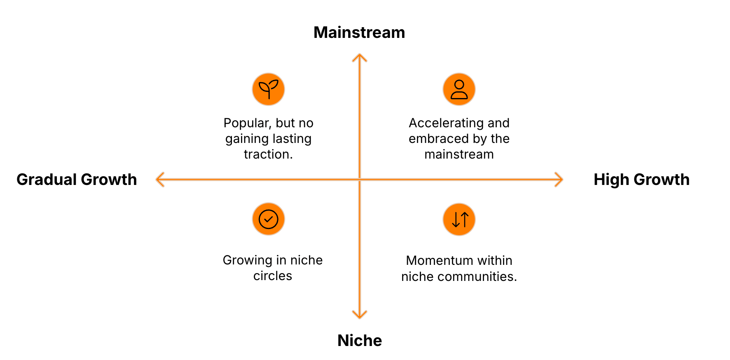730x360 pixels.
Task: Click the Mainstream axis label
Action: pos(359,33)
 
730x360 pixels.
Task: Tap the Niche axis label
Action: pos(360,341)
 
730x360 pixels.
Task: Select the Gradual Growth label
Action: pos(77,180)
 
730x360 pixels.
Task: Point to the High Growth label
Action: pos(641,180)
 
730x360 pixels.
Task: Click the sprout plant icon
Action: pos(268,89)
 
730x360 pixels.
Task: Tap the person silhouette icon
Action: pos(459,89)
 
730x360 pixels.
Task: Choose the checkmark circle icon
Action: pos(268,219)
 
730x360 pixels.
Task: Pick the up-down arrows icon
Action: pos(459,219)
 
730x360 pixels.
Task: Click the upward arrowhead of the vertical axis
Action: pos(360,57)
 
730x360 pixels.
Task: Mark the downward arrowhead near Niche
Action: pos(360,316)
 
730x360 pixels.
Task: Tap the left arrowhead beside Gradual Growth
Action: pos(159,180)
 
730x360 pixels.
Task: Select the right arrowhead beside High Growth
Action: pos(560,180)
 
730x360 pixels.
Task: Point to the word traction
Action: pos(267,154)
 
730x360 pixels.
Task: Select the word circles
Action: pos(273,276)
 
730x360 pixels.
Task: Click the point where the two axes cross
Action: pos(360,180)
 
